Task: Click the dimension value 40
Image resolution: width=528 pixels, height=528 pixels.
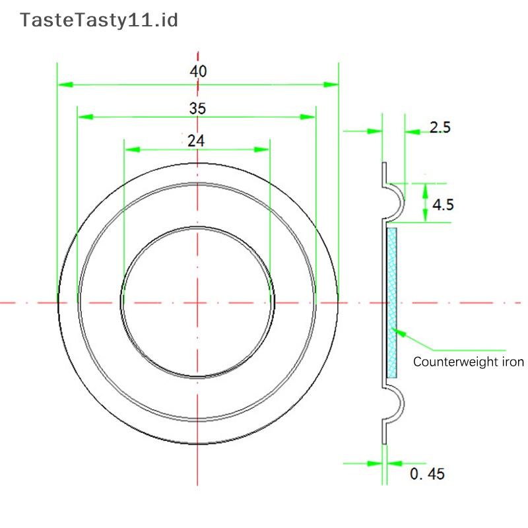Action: click(x=198, y=71)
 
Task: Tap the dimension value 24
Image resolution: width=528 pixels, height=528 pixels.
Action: click(x=196, y=141)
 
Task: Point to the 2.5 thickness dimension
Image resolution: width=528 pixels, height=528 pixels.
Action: click(x=440, y=127)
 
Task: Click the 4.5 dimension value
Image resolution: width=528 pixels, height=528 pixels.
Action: click(x=442, y=205)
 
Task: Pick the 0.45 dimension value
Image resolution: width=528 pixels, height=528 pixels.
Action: click(x=427, y=473)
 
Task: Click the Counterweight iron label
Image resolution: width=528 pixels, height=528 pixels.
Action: click(x=468, y=362)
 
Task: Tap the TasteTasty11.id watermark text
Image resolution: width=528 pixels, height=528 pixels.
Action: click(x=99, y=20)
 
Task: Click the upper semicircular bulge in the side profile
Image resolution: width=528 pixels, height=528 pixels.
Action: click(x=394, y=201)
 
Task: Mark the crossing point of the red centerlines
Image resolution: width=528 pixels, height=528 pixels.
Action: click(x=197, y=303)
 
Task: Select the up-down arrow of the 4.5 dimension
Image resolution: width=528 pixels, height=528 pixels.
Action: click(x=425, y=203)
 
